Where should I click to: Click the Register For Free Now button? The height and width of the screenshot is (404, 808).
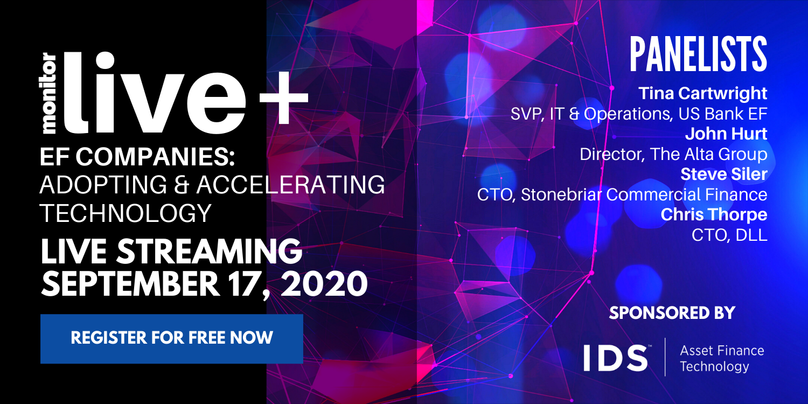point(172,338)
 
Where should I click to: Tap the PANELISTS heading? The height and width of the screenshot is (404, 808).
point(698,54)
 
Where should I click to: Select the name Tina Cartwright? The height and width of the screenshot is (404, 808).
point(702,93)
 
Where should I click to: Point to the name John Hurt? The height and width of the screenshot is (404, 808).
point(726,134)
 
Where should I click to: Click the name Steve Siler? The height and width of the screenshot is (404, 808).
point(724,174)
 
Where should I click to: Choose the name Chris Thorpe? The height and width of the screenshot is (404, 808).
point(714,214)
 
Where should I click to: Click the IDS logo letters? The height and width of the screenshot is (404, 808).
point(615,358)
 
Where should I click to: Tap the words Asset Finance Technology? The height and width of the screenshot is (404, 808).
point(722,358)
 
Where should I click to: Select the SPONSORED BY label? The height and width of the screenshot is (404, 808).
point(672,313)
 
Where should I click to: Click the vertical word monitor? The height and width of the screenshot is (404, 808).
point(50,94)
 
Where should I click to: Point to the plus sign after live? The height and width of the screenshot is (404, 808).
point(284,97)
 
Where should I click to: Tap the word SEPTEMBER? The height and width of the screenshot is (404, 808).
point(130,284)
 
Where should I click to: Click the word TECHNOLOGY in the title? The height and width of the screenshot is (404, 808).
point(125,213)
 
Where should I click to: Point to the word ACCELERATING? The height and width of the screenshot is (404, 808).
point(291,185)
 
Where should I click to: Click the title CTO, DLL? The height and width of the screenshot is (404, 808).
point(729,235)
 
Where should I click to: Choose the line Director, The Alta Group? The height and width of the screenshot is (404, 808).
point(673,155)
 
